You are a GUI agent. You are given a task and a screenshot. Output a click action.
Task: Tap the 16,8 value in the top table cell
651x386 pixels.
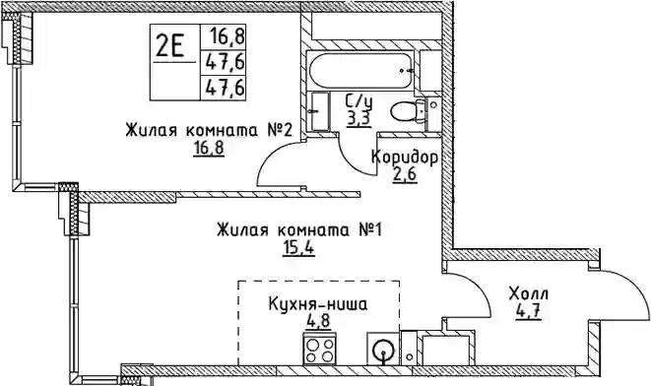[228, 36]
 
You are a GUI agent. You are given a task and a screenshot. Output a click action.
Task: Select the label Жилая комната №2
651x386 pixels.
[209, 130]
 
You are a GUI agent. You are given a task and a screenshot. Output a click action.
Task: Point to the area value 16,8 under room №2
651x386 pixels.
[209, 148]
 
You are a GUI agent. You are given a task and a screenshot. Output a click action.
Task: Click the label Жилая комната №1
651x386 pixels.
[299, 229]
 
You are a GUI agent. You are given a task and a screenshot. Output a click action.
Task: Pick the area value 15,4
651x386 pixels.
[298, 248]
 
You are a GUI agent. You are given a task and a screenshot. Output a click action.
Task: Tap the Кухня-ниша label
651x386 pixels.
[318, 304]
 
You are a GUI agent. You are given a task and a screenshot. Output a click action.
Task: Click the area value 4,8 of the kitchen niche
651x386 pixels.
[318, 323]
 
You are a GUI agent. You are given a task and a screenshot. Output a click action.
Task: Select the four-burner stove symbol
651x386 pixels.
[319, 350]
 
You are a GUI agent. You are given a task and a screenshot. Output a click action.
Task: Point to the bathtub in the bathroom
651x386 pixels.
[360, 71]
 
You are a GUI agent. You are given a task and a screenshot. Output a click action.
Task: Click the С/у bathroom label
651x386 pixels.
[358, 100]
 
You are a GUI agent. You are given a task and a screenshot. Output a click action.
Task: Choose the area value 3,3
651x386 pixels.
[358, 119]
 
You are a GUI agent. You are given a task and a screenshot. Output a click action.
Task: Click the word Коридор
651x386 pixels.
[405, 158]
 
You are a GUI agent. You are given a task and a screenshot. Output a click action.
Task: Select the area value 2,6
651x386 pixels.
[405, 175]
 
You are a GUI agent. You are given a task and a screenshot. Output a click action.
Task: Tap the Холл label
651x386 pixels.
[529, 293]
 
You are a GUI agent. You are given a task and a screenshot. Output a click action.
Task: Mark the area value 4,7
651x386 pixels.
[528, 312]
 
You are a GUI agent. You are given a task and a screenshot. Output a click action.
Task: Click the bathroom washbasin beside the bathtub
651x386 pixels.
[320, 112]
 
